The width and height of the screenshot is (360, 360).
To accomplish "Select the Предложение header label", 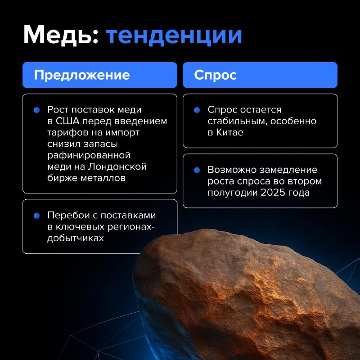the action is tap(82, 75).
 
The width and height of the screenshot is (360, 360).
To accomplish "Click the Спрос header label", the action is tap(215, 75).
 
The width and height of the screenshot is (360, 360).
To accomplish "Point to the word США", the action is tap(67, 121).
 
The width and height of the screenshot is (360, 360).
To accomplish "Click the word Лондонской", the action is tap(117, 167).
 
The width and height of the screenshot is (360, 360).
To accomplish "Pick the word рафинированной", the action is tap(89, 156).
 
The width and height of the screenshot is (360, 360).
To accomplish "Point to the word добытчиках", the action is tap(76, 238).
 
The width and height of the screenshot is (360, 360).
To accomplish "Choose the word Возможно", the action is tap(232, 170).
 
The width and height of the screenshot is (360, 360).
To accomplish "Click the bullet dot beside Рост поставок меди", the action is tap(37, 110).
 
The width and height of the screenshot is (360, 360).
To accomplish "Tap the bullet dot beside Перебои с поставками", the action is tap(37, 216).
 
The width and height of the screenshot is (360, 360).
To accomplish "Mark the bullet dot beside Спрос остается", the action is tap(197, 110).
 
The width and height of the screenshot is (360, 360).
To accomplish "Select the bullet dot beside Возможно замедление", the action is tap(197, 171).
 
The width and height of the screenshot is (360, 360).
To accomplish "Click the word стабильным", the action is tap(238, 121).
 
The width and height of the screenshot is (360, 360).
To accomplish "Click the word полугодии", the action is tap(233, 193).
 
